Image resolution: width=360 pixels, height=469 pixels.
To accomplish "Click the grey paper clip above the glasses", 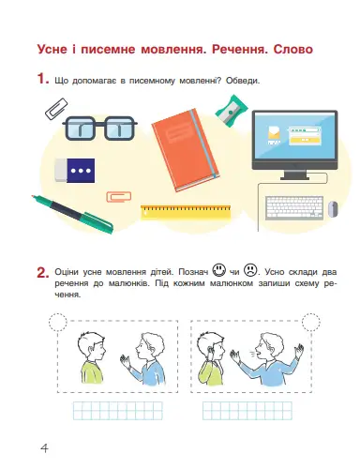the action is [56, 109].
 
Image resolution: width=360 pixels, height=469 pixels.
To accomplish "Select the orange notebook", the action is [186, 150].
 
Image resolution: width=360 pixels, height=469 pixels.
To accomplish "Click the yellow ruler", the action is [186, 212].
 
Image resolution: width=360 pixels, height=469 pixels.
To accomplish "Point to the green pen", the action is [72, 214].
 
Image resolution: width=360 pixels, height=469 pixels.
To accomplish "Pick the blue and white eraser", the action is [75, 170].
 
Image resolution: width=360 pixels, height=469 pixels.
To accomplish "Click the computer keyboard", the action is [294, 207].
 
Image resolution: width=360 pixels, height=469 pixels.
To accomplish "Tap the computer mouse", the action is [333, 209].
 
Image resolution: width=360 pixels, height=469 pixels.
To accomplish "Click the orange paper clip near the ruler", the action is [119, 196].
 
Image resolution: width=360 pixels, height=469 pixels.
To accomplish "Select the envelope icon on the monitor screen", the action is [274, 135].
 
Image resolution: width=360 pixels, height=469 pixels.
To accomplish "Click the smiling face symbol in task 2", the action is [219, 270].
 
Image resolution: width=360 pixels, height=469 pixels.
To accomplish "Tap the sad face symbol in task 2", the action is [250, 270].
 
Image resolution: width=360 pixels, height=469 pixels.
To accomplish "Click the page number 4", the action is [44, 448].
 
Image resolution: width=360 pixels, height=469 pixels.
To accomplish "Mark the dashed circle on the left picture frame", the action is [58, 322].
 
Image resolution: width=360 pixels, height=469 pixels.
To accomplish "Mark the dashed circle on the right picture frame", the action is [311, 322].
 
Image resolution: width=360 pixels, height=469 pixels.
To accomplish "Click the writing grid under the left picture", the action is [118, 411].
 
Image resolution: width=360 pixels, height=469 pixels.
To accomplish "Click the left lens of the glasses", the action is [80, 129].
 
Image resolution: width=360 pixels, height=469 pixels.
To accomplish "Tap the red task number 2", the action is [43, 272].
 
